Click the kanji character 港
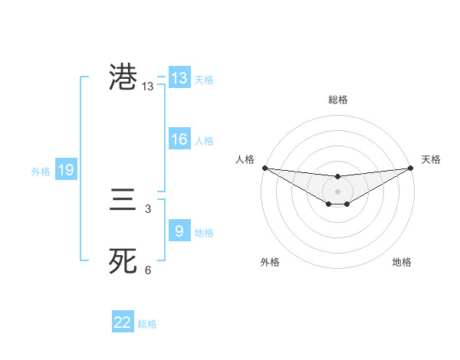click(x=123, y=78)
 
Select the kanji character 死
click(x=123, y=261)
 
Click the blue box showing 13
click(x=179, y=78)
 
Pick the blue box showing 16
click(x=179, y=139)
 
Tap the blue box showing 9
click(x=179, y=231)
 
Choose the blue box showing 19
click(x=66, y=170)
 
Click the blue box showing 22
click(x=123, y=322)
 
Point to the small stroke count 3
click(x=148, y=208)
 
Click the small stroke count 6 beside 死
click(x=148, y=270)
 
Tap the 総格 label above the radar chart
click(x=337, y=100)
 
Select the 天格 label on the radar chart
click(x=431, y=159)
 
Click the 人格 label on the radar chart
click(x=245, y=159)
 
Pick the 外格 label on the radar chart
click(x=269, y=262)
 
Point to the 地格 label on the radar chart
click(x=402, y=262)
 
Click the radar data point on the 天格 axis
click(x=411, y=168)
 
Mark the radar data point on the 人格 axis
click(x=264, y=168)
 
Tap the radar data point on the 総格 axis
click(x=337, y=177)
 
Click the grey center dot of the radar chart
click(x=337, y=191)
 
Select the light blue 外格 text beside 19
click(x=41, y=172)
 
